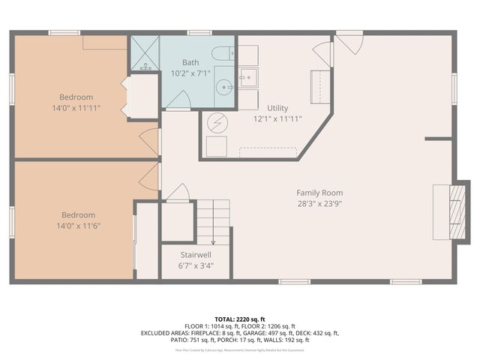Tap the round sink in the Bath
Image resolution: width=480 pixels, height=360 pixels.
(224, 85)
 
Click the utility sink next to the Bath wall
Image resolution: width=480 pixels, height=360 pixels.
(247, 76)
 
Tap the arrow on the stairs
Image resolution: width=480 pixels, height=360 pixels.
(212, 241)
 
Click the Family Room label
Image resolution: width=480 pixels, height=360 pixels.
(319, 193)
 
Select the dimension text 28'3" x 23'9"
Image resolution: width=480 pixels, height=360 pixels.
(319, 203)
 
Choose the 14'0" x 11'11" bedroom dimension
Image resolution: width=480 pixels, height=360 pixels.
(77, 108)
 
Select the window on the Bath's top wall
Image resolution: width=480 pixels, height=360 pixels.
(198, 32)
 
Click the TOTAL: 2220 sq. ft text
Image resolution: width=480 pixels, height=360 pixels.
(240, 319)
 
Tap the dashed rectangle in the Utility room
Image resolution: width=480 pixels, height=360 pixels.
(267, 152)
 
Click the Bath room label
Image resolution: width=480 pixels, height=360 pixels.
(190, 62)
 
